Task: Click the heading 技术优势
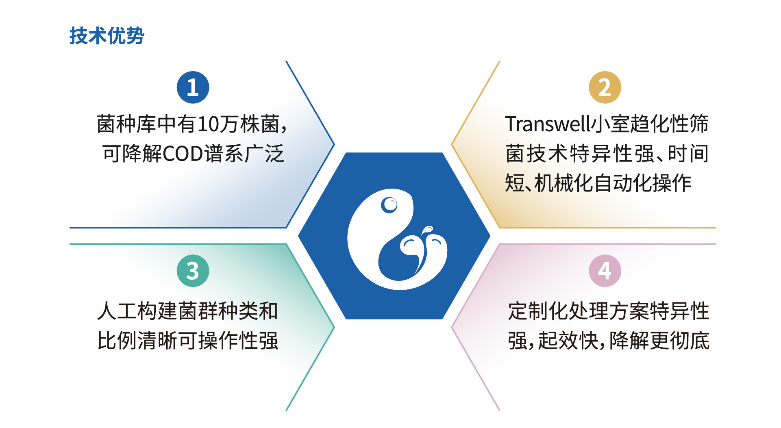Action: click(x=107, y=35)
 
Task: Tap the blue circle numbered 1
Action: click(x=193, y=87)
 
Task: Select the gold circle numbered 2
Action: click(x=605, y=87)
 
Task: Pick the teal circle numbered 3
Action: click(x=193, y=271)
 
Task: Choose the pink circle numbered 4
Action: click(x=605, y=271)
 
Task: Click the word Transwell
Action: click(x=548, y=124)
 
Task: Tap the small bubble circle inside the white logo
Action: click(x=389, y=205)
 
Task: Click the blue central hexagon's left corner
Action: click(x=298, y=235)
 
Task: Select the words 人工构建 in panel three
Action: click(x=137, y=311)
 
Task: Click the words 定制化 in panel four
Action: click(x=538, y=311)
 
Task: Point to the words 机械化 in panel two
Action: click(x=563, y=183)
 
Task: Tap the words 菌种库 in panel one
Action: click(x=126, y=124)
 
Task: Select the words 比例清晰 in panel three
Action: click(x=137, y=341)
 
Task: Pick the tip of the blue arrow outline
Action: click(x=334, y=144)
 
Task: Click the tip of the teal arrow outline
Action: click(x=334, y=327)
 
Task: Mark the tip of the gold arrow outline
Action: click(x=452, y=144)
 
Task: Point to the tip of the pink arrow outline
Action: click(x=452, y=327)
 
